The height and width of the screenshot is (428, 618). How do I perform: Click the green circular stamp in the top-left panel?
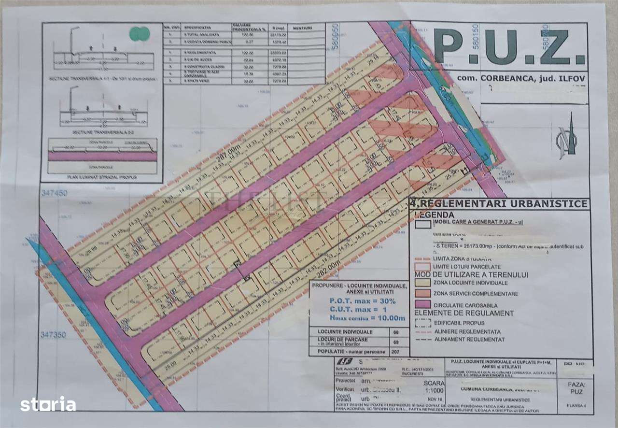coord(140,33)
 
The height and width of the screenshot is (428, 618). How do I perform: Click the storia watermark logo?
coord(48,404)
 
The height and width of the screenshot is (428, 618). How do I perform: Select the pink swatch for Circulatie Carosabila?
coord(422,305)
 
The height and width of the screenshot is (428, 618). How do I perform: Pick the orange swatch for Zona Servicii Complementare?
coord(422,293)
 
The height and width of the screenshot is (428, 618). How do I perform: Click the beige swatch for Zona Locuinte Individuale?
coord(422,282)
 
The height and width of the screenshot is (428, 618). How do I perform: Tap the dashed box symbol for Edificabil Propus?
coord(422,323)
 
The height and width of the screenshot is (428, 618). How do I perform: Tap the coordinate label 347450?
coord(54,193)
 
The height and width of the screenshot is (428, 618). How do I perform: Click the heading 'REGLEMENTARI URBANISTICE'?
coord(502,203)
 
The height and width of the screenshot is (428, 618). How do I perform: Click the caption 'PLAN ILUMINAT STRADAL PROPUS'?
coord(102,177)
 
